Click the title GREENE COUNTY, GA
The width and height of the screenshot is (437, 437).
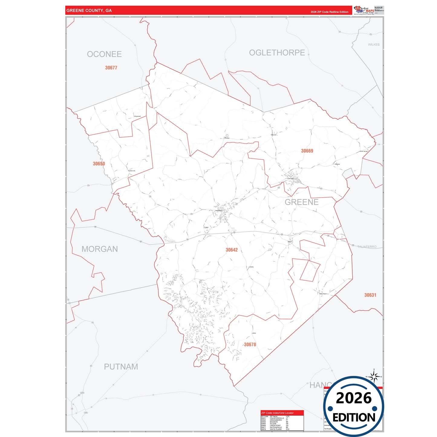coord(89,11)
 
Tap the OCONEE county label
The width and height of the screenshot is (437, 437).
coord(104,54)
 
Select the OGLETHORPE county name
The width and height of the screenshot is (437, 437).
coord(277,53)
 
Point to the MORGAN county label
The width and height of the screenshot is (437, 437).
coord(99,249)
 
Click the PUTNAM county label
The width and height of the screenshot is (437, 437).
coord(121,367)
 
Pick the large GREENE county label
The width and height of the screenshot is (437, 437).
coord(302,202)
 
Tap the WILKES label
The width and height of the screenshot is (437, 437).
coord(373,44)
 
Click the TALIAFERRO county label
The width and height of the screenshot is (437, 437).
coord(367,247)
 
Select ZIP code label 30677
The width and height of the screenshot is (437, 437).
coord(111,68)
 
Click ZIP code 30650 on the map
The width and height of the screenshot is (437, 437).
coord(99,164)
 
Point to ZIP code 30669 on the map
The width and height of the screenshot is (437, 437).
coord(307,151)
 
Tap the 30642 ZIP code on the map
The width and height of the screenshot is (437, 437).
coord(232,250)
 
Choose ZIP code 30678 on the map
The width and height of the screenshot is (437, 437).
coord(250,344)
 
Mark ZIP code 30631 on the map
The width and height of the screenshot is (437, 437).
coord(370,295)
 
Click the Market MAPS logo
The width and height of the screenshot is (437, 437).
coord(364,10)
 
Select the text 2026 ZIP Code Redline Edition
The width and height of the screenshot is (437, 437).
coord(329,12)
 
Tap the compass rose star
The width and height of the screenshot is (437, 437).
coord(374,377)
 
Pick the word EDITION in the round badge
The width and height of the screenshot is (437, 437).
coord(354,418)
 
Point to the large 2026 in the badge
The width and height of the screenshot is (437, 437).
coord(354,398)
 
